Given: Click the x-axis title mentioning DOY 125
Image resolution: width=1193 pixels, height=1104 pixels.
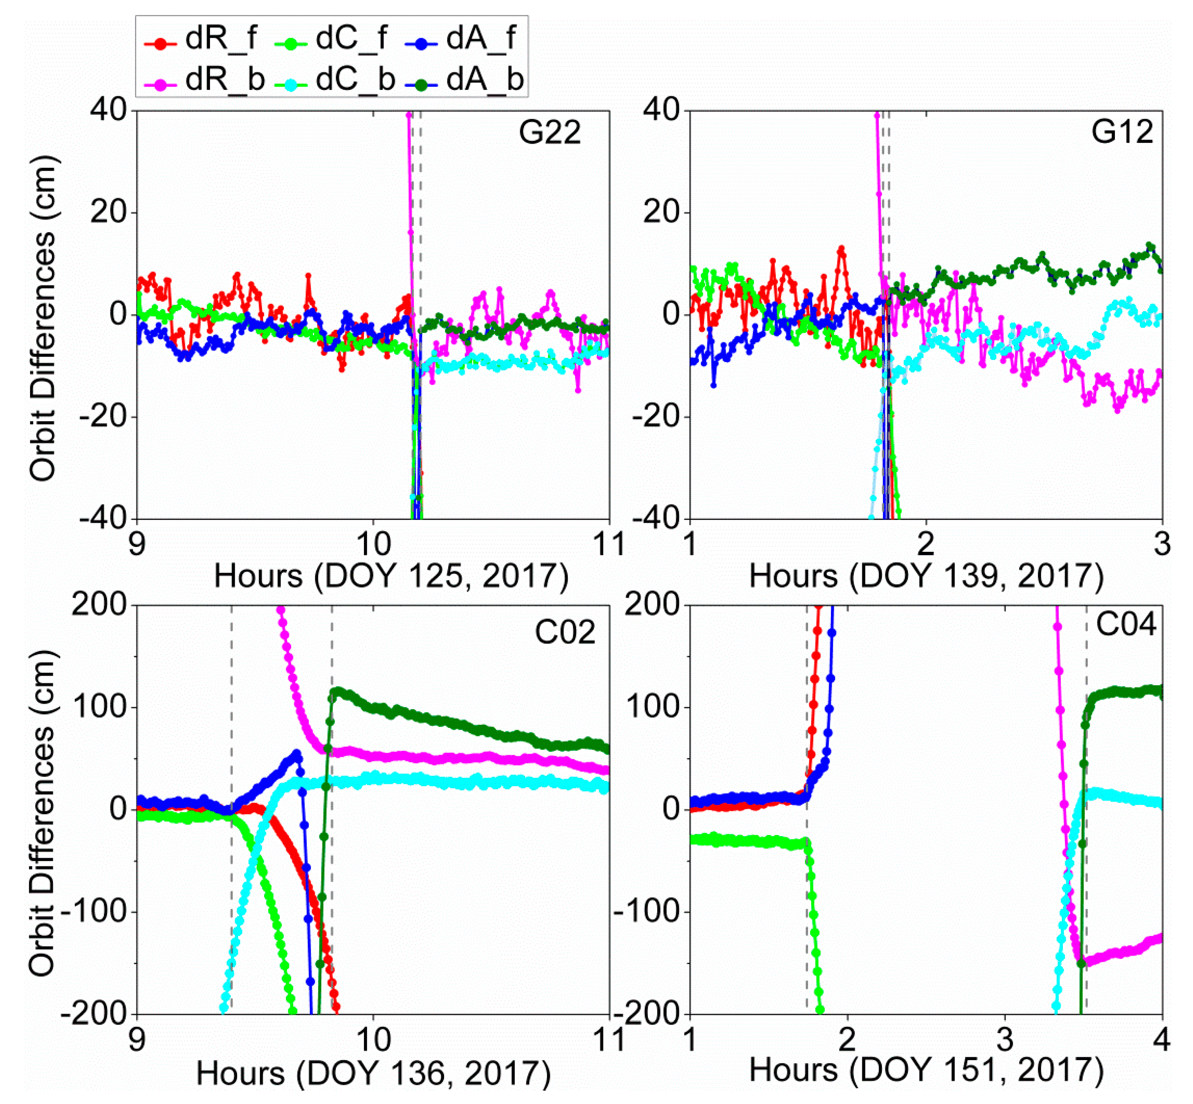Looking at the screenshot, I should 391,577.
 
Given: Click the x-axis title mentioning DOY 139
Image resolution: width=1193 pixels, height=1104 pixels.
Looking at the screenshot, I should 926,577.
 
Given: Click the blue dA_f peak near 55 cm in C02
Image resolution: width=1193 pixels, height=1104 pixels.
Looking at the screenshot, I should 296,753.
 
